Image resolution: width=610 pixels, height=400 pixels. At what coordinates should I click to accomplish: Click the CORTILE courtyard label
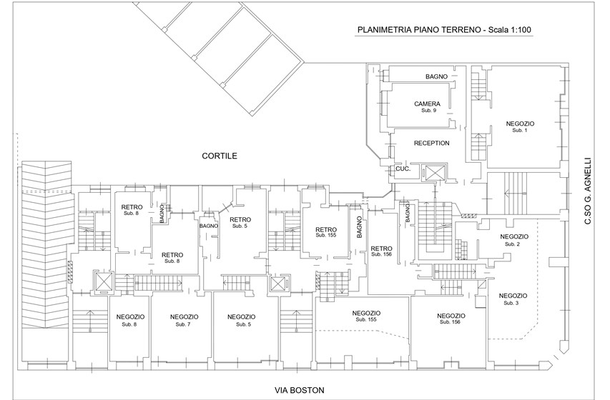220,156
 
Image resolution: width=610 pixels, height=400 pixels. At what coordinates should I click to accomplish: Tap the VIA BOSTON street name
299,390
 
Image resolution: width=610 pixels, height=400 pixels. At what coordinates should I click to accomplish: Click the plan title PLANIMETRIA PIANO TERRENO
419,30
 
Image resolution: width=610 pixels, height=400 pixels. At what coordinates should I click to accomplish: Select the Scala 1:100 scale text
510,30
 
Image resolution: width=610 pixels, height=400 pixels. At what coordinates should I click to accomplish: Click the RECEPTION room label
431,143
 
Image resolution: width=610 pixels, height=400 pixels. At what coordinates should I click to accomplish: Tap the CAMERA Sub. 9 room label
427,106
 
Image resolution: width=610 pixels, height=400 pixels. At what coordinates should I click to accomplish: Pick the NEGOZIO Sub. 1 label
520,126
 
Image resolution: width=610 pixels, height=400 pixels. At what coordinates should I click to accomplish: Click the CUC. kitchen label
403,169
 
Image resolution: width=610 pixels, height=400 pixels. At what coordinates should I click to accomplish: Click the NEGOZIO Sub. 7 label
184,320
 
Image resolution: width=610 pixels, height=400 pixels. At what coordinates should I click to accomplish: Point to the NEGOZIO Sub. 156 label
451,319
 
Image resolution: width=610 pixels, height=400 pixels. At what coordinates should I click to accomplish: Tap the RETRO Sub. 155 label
326,232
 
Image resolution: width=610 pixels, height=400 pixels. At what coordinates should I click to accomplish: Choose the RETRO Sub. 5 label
240,222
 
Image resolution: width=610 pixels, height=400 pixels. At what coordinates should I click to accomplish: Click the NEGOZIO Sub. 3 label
513,299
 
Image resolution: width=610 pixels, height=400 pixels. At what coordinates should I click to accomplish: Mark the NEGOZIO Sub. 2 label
514,240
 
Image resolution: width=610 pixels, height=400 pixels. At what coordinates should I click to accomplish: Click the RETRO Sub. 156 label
381,251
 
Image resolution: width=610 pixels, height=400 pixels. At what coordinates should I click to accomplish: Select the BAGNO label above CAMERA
436,76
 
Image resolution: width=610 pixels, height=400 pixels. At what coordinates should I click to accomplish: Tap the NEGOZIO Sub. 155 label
366,316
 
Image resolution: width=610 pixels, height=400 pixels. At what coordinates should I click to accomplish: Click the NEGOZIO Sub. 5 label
241,320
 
